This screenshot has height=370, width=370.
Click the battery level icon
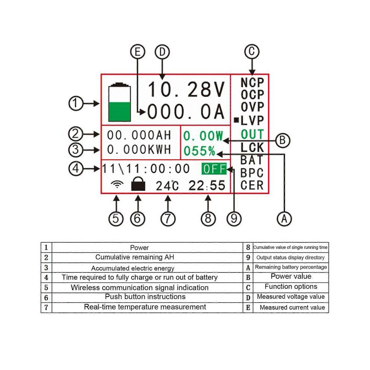pyautogui.click(x=119, y=102)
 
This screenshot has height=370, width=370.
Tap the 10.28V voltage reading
pyautogui.click(x=186, y=89)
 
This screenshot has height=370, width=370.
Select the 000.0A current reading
pyautogui.click(x=186, y=111)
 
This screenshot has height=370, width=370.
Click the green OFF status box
pyautogui.click(x=214, y=169)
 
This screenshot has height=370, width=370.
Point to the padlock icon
pyautogui.click(x=138, y=184)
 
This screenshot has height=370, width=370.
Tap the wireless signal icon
pyautogui.click(x=117, y=184)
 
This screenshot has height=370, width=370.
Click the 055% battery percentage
pyautogui.click(x=200, y=151)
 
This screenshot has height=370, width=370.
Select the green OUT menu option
pyautogui.click(x=252, y=135)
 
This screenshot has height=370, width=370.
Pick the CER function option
pyautogui.click(x=252, y=185)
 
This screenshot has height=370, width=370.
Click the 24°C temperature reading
pyautogui.click(x=167, y=186)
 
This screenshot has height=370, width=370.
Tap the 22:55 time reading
pyautogui.click(x=207, y=185)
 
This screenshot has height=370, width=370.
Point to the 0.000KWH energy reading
pyautogui.click(x=139, y=149)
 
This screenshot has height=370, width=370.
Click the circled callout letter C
pyautogui.click(x=252, y=52)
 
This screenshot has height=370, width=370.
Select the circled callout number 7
pyautogui.click(x=168, y=219)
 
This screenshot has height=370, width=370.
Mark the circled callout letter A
pyautogui.click(x=284, y=219)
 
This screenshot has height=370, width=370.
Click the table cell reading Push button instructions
pyautogui.click(x=145, y=297)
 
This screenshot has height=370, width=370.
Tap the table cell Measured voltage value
pyautogui.click(x=291, y=297)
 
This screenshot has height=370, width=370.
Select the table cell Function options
pyautogui.click(x=291, y=286)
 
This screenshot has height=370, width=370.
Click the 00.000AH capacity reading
pyautogui.click(x=139, y=135)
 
